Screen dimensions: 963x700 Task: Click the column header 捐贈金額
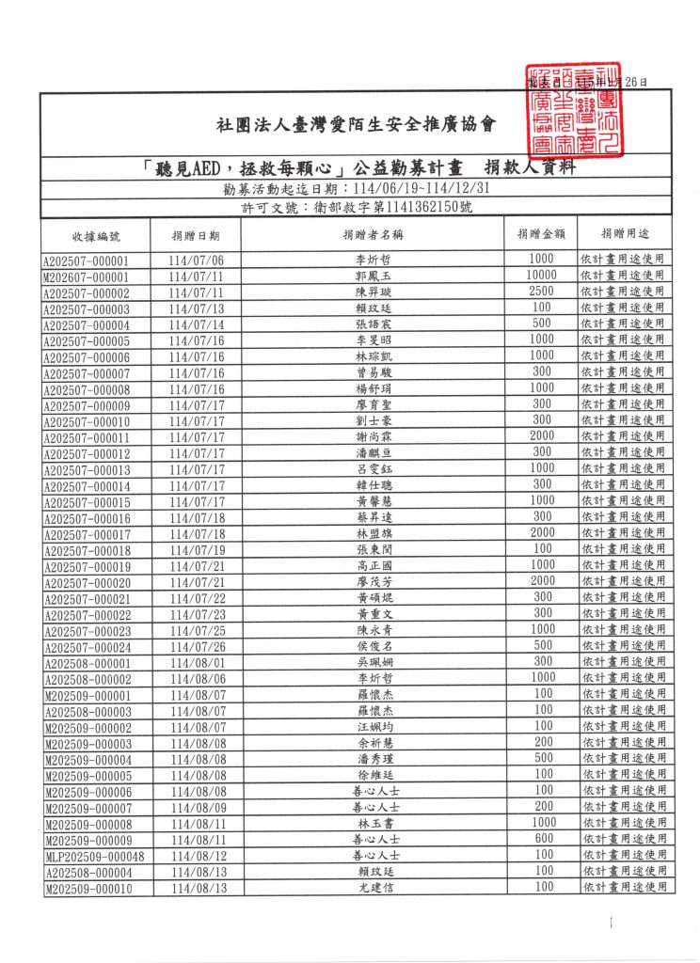point(541,233)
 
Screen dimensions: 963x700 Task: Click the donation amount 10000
point(541,276)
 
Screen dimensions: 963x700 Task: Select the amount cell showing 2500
point(541,292)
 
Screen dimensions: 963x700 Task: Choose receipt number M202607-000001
point(86,276)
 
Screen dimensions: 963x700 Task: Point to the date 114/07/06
point(197,260)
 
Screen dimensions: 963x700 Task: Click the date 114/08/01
point(197,662)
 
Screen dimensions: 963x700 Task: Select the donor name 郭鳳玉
point(374,276)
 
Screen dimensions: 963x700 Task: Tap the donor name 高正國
point(374,566)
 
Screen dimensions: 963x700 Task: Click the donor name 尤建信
point(374,888)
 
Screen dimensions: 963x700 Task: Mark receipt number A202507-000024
point(86,646)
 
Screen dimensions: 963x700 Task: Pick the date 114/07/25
point(197,630)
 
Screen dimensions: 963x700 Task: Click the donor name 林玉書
point(374,823)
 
